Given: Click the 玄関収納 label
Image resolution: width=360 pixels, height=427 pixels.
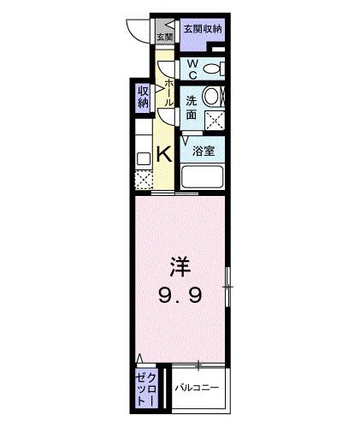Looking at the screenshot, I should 202,29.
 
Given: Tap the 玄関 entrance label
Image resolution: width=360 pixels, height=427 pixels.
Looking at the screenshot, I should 164,37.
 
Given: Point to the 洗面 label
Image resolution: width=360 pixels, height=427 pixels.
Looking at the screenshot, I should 194,107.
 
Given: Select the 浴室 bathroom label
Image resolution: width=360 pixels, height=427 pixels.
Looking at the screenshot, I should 203,151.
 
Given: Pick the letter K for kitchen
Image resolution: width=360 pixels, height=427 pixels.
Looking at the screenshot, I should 165,155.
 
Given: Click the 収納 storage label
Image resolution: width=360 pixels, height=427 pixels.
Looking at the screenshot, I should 143,98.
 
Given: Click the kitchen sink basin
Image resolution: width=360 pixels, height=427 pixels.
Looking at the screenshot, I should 143,158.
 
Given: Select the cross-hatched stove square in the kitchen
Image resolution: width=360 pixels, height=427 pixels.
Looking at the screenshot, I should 143,180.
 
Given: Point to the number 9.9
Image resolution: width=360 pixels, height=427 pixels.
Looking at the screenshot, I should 178,296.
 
